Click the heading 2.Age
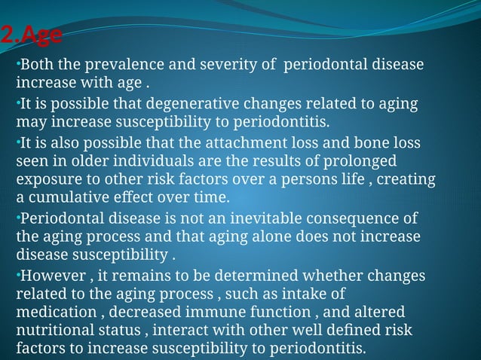pos(32,35)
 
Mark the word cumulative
pos(67,199)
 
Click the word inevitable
pos(286,218)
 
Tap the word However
pos(51,275)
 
